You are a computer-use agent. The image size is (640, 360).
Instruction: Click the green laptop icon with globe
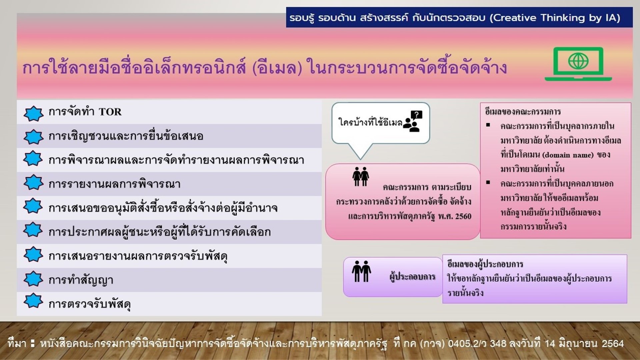pyautogui.click(x=578, y=64)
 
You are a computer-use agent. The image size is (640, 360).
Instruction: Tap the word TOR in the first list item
pyautogui.click(x=110, y=112)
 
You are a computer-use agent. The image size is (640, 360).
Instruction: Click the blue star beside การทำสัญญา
pyautogui.click(x=33, y=279)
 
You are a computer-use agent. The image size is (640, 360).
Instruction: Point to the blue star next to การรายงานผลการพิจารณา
pyautogui.click(x=33, y=183)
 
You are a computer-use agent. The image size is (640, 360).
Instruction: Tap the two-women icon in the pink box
pyautogui.click(x=361, y=176)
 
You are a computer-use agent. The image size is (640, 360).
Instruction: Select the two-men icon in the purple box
pyautogui.click(x=361, y=271)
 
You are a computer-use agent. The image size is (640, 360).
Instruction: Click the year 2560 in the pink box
pyautogui.click(x=463, y=216)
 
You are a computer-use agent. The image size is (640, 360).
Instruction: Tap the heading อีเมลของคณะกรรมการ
pyautogui.click(x=523, y=112)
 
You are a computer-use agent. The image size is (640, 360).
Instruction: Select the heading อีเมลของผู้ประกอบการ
pyautogui.click(x=485, y=264)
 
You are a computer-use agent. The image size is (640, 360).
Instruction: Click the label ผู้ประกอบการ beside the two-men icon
pyautogui.click(x=413, y=277)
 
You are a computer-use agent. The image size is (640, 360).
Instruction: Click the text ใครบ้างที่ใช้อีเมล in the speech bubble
pyautogui.click(x=370, y=122)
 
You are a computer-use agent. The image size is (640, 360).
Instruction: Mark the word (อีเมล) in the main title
pyautogui.click(x=277, y=67)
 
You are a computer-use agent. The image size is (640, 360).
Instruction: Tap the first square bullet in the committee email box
pyautogui.click(x=488, y=125)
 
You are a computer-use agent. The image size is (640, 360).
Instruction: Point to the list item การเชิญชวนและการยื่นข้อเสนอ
pyautogui.click(x=126, y=136)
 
